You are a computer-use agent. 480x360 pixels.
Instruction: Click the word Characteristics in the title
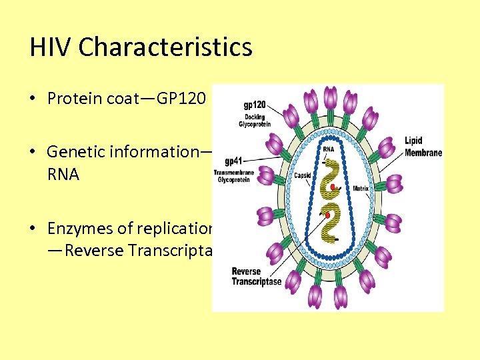pyautogui.click(x=165, y=47)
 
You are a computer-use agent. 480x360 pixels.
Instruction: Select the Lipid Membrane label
pyautogui.click(x=422, y=147)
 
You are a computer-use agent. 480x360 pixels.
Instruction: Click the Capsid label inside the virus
pyautogui.click(x=303, y=176)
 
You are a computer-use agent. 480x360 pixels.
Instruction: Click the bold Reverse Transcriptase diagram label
pyautogui.click(x=256, y=277)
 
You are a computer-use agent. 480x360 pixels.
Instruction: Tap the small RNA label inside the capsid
pyautogui.click(x=329, y=149)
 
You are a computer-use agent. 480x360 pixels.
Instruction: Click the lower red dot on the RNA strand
pyautogui.click(x=327, y=216)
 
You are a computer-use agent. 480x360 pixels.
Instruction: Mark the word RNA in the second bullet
pyautogui.click(x=63, y=175)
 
